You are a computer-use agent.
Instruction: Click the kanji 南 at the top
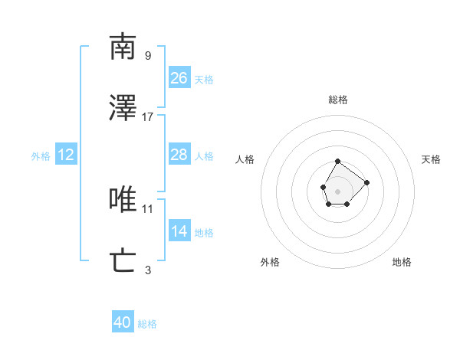(123, 47)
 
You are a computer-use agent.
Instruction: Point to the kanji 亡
(123, 261)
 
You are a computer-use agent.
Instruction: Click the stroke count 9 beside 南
(148, 55)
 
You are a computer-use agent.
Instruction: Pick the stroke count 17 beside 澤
(148, 117)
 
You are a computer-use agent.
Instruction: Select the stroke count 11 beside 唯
(148, 208)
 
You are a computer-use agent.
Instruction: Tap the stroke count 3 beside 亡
(148, 270)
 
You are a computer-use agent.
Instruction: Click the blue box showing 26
(179, 77)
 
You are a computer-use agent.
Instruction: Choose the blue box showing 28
(179, 155)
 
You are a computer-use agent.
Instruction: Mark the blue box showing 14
(179, 231)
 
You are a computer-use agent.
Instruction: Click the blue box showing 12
(66, 155)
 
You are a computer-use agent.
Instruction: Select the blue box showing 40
(123, 322)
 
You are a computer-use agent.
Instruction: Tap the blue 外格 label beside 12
(41, 155)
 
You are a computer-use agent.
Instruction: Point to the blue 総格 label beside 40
(147, 324)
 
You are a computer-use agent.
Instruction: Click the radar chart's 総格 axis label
(338, 100)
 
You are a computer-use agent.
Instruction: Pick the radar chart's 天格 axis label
(432, 159)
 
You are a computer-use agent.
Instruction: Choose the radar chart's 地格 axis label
(402, 262)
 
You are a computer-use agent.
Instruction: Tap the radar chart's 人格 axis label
(245, 159)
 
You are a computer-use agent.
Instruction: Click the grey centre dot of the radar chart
(338, 190)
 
